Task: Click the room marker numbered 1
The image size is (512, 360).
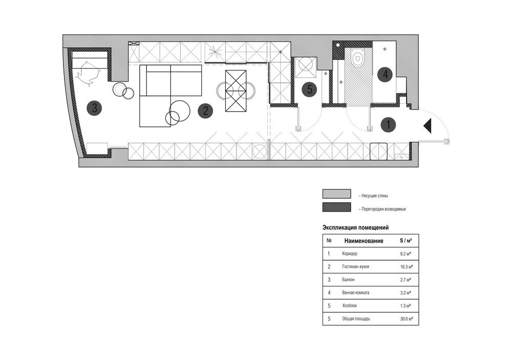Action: [x=388, y=124]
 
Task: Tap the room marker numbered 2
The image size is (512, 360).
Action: [x=205, y=111]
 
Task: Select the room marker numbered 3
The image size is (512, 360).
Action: [x=94, y=108]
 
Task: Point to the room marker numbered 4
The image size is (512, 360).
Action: [x=385, y=74]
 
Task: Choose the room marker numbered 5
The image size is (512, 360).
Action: [x=310, y=89]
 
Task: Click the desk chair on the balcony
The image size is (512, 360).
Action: [x=87, y=74]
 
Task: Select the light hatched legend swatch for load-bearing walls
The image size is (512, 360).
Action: [x=337, y=194]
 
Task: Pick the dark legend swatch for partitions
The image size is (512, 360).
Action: [x=337, y=207]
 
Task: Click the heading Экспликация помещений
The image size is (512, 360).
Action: [x=356, y=228]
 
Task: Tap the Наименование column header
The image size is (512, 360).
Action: [x=364, y=241]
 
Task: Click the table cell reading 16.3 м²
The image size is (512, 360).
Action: [x=407, y=267]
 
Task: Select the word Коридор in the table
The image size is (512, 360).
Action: [x=350, y=253]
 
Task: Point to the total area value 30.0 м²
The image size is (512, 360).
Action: [x=407, y=319]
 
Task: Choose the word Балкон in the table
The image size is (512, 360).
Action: [x=348, y=280]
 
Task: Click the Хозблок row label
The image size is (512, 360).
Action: [x=350, y=306]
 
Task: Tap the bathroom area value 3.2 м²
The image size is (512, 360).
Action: [x=406, y=293]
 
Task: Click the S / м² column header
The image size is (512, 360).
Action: [x=406, y=241]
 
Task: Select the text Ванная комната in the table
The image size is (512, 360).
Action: [x=356, y=293]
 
